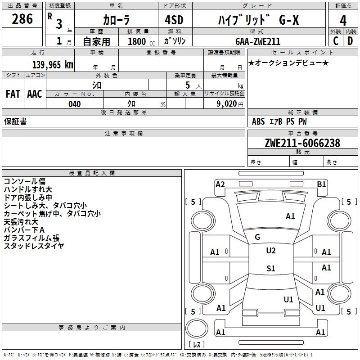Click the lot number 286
(x=22, y=19)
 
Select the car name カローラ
(x=116, y=20)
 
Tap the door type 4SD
(x=174, y=20)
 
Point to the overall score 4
(x=343, y=21)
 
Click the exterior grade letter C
(x=336, y=41)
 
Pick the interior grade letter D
(x=350, y=41)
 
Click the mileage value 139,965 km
(x=53, y=65)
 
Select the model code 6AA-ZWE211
(x=258, y=41)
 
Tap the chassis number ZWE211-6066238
(x=302, y=143)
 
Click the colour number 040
(x=75, y=104)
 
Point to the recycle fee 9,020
(x=227, y=104)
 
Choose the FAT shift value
(x=13, y=94)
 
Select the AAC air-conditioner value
(x=35, y=94)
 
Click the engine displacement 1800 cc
(x=141, y=41)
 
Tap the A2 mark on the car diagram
(x=220, y=184)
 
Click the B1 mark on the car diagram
(x=321, y=184)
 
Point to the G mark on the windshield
(x=257, y=237)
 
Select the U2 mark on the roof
(x=271, y=251)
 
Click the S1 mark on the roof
(x=271, y=268)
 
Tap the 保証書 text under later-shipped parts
(x=15, y=121)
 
